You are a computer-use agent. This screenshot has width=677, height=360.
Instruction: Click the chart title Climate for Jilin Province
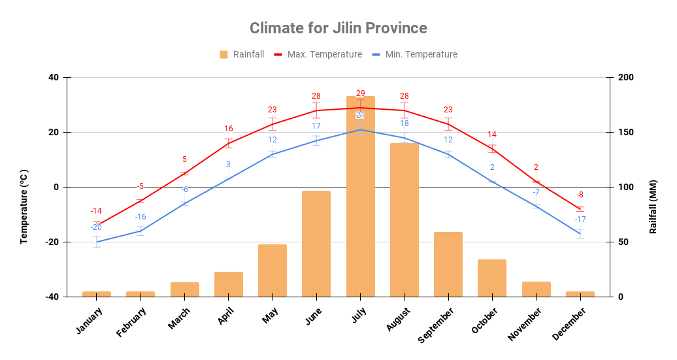[x=338, y=28]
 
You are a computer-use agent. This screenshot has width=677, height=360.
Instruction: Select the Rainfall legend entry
[x=242, y=54]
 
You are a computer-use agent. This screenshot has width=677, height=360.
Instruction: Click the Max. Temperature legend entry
[x=318, y=54]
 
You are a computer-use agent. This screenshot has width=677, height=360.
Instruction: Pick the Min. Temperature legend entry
[x=414, y=54]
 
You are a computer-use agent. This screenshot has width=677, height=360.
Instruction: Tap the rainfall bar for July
[x=361, y=196]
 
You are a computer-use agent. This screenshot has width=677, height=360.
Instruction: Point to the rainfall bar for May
[x=272, y=270]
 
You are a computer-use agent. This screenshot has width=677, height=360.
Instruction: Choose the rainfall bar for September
[x=448, y=264]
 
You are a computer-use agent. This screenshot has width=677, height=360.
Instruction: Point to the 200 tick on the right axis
[x=625, y=78]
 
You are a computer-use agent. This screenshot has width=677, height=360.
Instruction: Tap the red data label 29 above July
[x=361, y=93]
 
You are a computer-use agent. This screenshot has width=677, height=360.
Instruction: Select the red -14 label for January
[x=96, y=211]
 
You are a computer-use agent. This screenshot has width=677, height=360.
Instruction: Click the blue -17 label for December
[x=580, y=219]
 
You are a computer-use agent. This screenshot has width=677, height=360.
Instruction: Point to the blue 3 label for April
[x=229, y=165]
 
